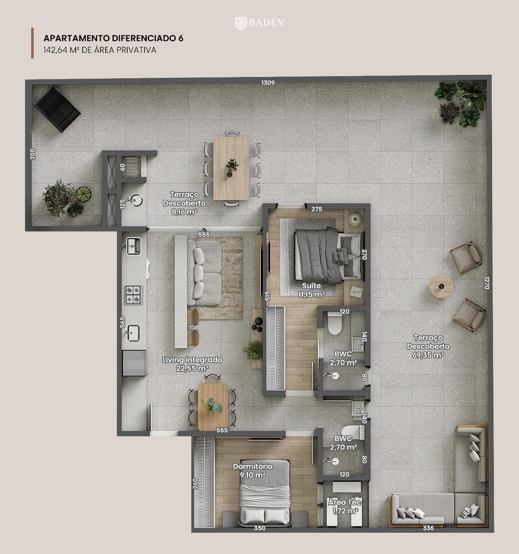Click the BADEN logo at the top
[x=259, y=23]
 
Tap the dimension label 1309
[x=268, y=83]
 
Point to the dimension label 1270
[x=487, y=283]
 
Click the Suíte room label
[x=311, y=286]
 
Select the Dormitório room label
[x=253, y=466]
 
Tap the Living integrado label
[x=192, y=360]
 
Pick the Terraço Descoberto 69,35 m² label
[x=428, y=346]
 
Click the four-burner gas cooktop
[x=133, y=295]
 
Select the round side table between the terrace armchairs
[x=441, y=287]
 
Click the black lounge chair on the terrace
[x=58, y=109]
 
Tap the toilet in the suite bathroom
[x=335, y=323]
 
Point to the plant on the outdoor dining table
[x=232, y=167]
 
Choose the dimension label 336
[x=428, y=528]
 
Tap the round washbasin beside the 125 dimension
[x=136, y=200]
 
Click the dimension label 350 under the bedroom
[x=260, y=528]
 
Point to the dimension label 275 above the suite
[x=317, y=209]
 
